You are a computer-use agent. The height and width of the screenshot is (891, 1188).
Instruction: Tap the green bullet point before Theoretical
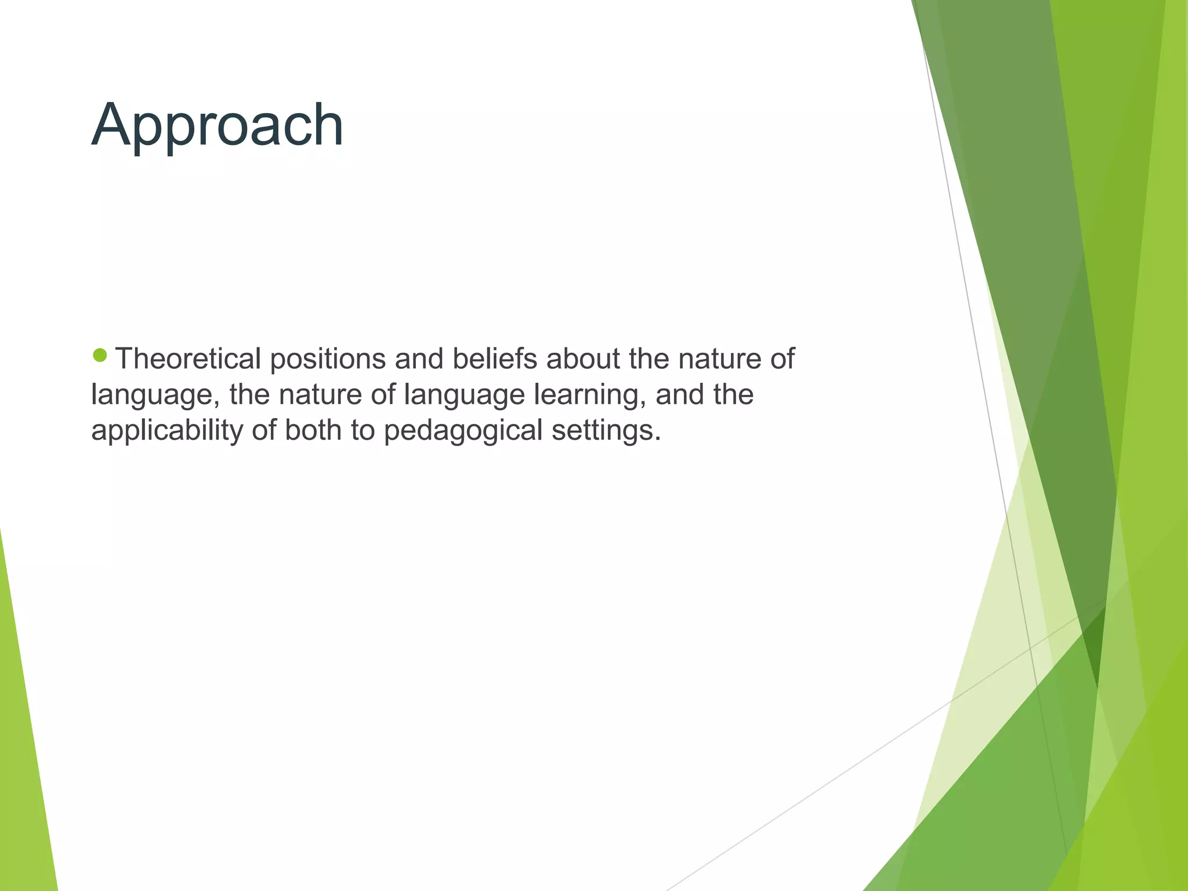(100, 355)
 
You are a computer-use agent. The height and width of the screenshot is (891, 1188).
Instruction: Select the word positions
(328, 360)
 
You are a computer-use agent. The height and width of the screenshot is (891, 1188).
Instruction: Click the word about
(583, 358)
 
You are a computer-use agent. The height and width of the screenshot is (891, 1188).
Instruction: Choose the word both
(313, 430)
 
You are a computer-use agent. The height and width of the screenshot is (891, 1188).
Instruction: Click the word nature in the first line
(719, 358)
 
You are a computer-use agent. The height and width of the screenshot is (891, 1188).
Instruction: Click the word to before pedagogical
(363, 430)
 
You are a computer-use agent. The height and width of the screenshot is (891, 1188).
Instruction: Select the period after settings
(657, 439)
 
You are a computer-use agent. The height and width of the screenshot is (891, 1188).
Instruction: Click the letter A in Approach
(113, 125)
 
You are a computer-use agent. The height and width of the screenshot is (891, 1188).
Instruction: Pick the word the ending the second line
(734, 394)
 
